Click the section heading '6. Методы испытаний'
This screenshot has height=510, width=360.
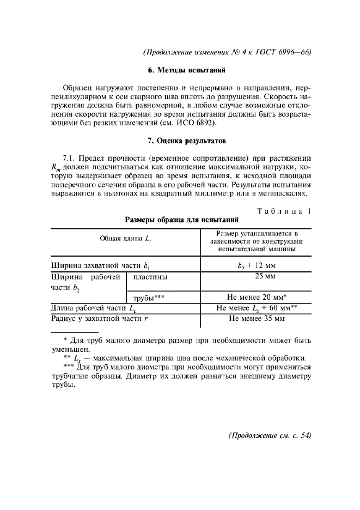pyautogui.click(x=180, y=70)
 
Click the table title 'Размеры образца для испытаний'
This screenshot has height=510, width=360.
pyautogui.click(x=180, y=221)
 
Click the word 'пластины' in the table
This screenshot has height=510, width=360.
pyautogui.click(x=150, y=277)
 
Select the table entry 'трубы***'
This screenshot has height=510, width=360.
pyautogui.click(x=149, y=298)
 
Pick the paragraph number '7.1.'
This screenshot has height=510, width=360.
pyautogui.click(x=71, y=158)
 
